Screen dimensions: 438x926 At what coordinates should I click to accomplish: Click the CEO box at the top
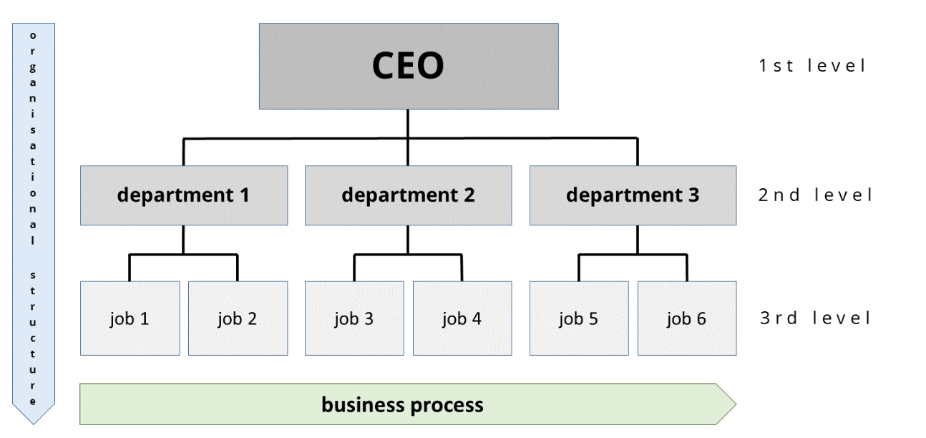coord(408,66)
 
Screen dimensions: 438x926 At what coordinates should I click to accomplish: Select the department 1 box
coord(184,195)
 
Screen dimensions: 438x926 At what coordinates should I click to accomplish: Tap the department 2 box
coord(408,195)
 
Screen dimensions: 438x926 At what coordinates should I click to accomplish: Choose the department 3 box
coord(633,195)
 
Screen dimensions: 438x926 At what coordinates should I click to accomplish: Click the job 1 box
coord(130,318)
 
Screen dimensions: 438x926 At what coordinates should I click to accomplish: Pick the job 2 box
coord(238,318)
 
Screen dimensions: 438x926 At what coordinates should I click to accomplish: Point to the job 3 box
coord(354,318)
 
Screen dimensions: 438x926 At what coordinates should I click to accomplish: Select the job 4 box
coord(462,318)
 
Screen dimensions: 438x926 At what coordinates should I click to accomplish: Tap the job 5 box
coord(579,318)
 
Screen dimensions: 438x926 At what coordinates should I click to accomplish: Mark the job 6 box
coord(687,318)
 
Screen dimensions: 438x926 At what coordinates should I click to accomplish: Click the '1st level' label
coord(812,66)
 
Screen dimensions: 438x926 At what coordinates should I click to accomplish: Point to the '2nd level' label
coord(816,195)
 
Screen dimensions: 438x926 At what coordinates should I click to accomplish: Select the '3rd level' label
coord(816,318)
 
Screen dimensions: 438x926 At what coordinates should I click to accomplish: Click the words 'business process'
coord(402,405)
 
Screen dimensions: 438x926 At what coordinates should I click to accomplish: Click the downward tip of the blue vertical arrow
coord(33,422)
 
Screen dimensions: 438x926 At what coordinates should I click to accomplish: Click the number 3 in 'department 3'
coord(693,195)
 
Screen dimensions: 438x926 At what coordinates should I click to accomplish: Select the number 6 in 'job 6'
coord(701,318)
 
